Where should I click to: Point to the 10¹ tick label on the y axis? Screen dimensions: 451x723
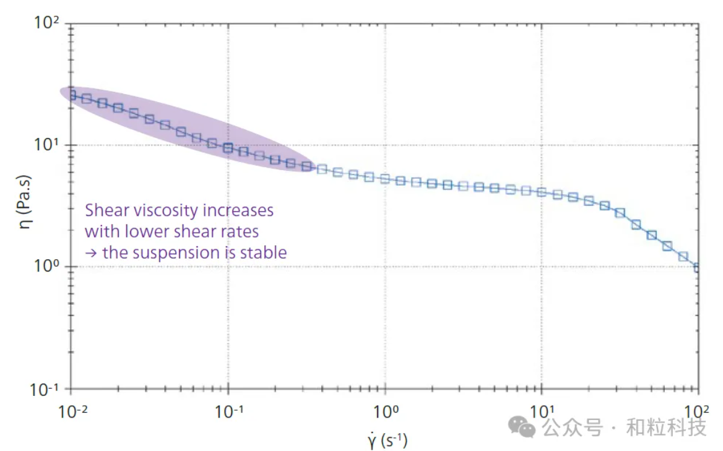(47, 146)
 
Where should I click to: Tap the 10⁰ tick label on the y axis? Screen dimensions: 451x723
(47, 267)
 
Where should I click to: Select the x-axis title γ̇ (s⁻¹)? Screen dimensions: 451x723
(387, 440)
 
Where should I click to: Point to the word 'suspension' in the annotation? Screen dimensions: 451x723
(185, 252)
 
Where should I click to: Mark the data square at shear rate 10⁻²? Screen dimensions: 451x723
(71, 95)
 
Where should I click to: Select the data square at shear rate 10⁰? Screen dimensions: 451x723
(384, 179)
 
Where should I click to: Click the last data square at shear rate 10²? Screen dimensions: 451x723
(698, 267)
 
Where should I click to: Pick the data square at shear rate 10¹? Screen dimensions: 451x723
(542, 192)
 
